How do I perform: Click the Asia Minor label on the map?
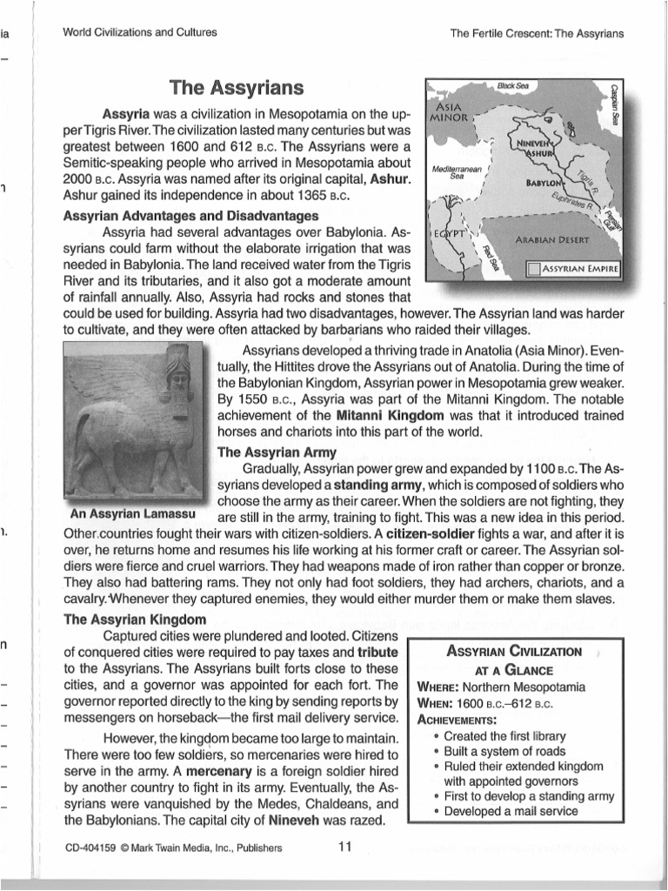[449, 109]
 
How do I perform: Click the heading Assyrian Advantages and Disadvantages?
[191, 216]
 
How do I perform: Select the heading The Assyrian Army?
[272, 452]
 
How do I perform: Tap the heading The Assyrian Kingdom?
[135, 620]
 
